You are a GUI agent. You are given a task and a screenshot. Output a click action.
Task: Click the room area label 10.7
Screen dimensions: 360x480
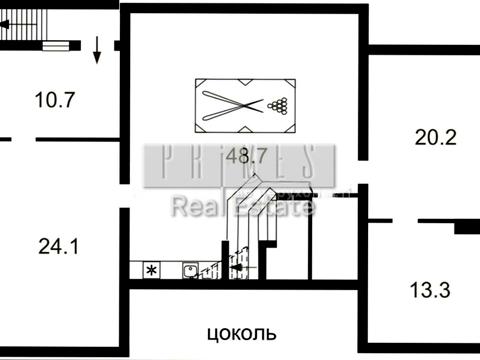(x=56, y=99)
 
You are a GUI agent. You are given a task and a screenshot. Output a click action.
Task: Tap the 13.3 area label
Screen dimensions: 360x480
(x=430, y=290)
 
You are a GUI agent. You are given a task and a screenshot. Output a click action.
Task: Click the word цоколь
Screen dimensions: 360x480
(x=240, y=332)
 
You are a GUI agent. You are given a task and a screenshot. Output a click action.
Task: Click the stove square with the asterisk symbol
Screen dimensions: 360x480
(x=151, y=270)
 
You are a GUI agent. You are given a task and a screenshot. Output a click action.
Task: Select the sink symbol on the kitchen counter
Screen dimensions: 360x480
(x=187, y=270)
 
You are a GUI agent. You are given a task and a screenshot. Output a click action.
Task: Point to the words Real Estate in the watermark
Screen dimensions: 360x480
(x=243, y=207)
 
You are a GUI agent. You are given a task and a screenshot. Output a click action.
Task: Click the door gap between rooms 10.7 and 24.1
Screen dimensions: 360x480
(x=25, y=139)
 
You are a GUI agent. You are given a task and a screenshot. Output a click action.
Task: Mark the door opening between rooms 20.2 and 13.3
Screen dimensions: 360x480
(x=395, y=218)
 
